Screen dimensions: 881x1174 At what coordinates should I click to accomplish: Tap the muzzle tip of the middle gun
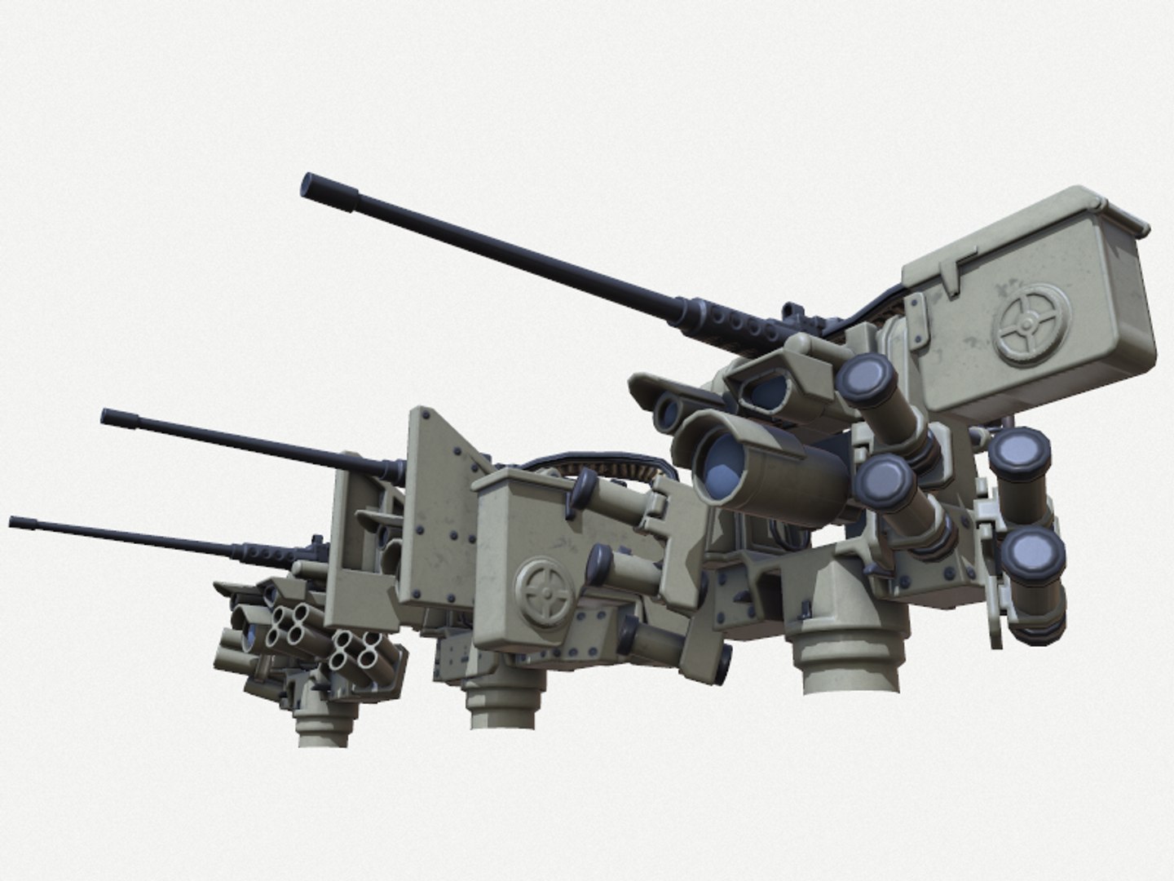(x=107, y=416)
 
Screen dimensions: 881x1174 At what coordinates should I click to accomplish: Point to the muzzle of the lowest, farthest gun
(x=14, y=520)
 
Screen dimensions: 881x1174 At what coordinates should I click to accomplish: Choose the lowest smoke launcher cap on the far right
(x=1035, y=556)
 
